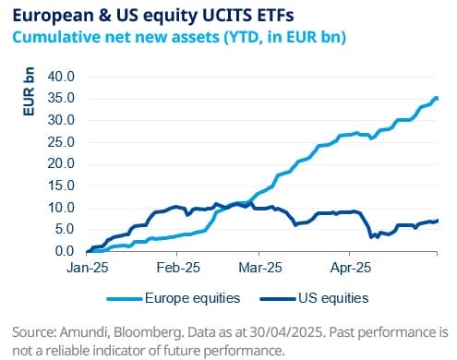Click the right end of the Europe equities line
click(x=437, y=99)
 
